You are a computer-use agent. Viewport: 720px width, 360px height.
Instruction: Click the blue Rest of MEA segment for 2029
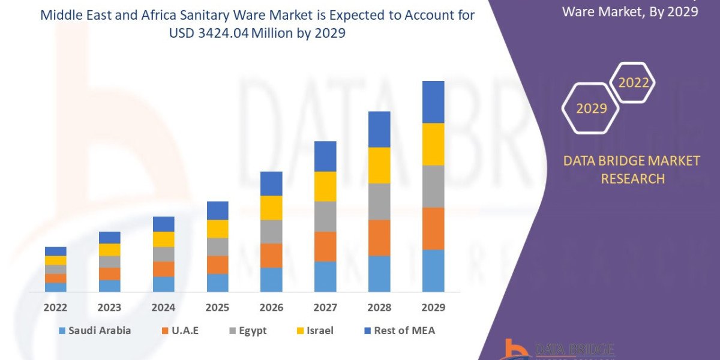[433, 102]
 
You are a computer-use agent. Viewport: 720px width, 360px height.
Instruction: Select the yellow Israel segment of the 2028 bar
[379, 165]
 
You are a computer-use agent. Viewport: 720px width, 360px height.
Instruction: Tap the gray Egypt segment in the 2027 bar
[325, 217]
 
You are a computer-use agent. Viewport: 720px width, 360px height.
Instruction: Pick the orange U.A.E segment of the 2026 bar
[271, 256]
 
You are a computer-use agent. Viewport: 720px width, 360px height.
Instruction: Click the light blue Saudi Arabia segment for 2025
[217, 283]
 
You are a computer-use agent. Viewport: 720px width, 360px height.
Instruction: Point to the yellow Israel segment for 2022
[55, 260]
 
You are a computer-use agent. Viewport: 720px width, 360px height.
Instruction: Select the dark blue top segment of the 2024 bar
[163, 224]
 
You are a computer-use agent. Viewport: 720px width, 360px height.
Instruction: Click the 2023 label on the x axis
[109, 307]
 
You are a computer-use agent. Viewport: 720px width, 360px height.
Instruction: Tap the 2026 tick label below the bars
[271, 307]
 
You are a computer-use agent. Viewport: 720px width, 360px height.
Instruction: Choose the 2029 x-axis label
[433, 307]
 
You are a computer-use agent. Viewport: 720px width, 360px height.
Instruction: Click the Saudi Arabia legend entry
[94, 331]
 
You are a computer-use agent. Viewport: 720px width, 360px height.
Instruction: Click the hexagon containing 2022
[633, 83]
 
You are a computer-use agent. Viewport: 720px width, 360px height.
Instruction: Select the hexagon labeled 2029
[590, 108]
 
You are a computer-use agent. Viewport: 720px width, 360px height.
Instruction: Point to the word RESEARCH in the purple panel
[632, 178]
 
